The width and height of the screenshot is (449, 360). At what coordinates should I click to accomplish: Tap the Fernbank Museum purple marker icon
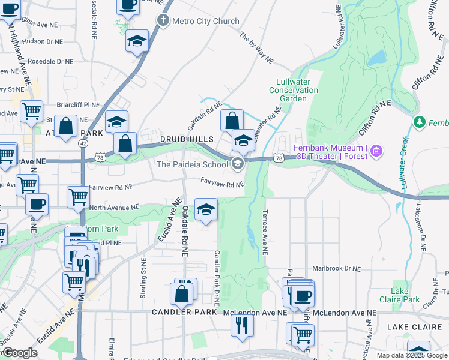tap(376, 149)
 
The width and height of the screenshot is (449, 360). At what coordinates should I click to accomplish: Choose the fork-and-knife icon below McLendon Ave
tap(243, 325)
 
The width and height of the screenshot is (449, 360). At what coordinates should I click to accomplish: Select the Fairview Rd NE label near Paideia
tap(222, 181)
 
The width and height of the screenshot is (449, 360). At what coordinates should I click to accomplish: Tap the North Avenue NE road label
tap(114, 206)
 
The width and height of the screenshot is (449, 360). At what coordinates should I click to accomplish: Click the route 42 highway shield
tap(82, 143)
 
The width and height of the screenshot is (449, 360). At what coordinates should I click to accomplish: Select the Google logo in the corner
tap(20, 353)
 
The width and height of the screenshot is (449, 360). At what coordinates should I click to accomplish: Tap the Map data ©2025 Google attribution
tap(412, 355)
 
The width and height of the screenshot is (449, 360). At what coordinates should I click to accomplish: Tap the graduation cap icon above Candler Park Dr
tap(206, 210)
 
